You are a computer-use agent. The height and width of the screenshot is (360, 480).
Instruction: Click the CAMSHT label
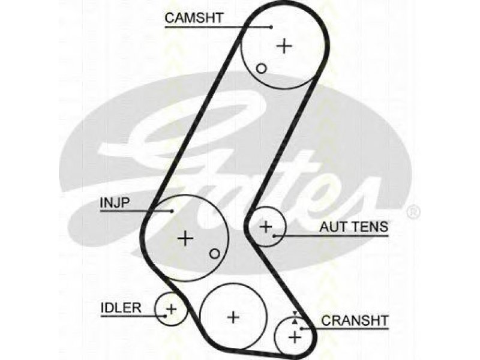coord(194,18)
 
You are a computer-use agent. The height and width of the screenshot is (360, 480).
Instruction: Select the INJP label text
coord(115,203)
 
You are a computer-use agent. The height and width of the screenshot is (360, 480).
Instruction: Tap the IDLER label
coord(121,308)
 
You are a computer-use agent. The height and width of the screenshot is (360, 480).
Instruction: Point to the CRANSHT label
coord(355,320)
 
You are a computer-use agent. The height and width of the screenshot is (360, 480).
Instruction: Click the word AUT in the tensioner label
coord(334,227)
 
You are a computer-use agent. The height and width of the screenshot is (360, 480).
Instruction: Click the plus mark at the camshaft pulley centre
coord(284,46)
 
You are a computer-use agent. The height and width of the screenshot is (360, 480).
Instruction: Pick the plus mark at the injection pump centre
coord(185,238)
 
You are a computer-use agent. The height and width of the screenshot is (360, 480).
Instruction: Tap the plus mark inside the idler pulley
coord(171,308)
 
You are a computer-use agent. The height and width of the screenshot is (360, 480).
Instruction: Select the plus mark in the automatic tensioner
coord(266,227)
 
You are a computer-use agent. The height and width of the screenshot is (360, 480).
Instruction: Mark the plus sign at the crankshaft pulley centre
coord(295,337)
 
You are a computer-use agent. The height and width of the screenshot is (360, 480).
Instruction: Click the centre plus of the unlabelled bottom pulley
coord(233,317)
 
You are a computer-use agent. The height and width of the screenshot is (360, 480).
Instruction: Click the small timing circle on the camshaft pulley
coord(261,68)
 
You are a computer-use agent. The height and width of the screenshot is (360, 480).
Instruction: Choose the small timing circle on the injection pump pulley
coord(215,253)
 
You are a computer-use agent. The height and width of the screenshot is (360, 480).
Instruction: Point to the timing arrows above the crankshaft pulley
coord(295,317)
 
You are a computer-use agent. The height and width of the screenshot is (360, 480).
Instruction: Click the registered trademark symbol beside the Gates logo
coord(414,212)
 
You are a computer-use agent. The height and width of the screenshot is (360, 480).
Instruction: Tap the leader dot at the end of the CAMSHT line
coord(271,27)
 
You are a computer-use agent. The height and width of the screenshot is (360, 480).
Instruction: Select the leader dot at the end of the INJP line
coord(172,211)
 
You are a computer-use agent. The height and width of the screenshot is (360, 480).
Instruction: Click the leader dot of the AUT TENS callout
coord(275,236)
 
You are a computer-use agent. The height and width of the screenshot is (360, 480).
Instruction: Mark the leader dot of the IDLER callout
coord(166,316)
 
